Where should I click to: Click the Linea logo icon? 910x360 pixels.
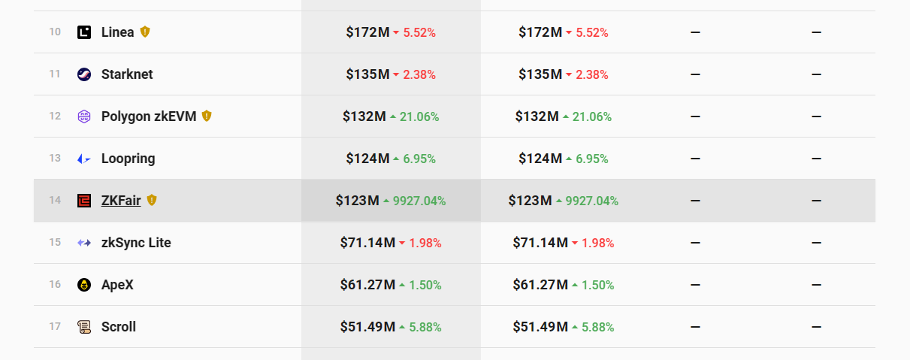coord(84,32)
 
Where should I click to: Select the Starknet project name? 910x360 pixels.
coord(127,74)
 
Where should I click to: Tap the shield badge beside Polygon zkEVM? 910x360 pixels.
coord(207,116)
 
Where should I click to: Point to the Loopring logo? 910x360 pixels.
coord(84,159)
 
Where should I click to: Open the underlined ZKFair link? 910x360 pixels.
coord(121,201)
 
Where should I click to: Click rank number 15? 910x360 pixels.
coord(55,243)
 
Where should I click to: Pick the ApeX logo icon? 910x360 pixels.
coord(84,285)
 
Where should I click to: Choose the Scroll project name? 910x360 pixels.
coord(119,327)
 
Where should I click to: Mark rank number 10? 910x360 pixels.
coord(55,32)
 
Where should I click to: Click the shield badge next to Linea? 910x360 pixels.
coord(146,32)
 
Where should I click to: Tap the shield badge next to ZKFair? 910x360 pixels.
coord(152,200)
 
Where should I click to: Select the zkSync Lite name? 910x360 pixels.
coord(136,243)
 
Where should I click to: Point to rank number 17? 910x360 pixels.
coord(55,327)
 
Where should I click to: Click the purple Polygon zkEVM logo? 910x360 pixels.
coord(84,116)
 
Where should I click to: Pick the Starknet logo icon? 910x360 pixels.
coord(84,74)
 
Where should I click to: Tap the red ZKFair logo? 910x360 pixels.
coord(84,201)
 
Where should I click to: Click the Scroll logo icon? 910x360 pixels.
coord(84,327)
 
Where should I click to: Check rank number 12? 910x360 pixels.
coord(55,116)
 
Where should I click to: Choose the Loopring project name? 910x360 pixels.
coord(128,159)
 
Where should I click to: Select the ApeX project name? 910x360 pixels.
coord(117,285)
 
